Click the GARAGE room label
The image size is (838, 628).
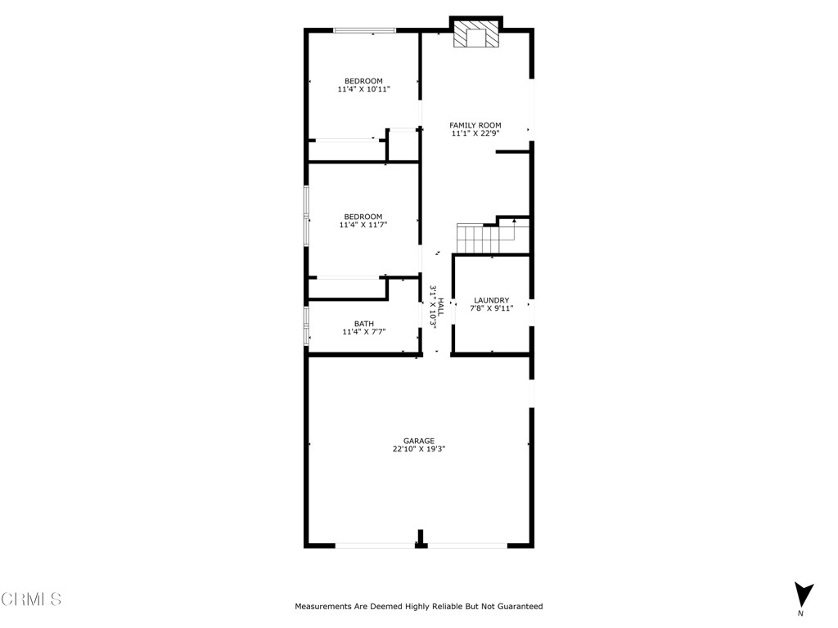[418, 441]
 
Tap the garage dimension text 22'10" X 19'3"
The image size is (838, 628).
[418, 449]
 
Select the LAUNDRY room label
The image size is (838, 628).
[491, 300]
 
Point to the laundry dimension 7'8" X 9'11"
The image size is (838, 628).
[491, 308]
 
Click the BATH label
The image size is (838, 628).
[363, 324]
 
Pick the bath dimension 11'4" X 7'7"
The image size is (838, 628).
[363, 332]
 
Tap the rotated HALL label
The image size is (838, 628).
[440, 307]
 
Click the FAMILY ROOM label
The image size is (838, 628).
[475, 125]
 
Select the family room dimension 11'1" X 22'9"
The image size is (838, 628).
[475, 133]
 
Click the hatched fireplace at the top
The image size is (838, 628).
[476, 34]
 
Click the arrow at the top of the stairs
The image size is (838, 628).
[514, 221]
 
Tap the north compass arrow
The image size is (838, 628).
[804, 594]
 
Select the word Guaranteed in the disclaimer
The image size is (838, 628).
[516, 607]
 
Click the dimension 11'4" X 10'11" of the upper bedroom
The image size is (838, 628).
[363, 89]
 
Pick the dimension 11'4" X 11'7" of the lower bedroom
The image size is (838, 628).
[363, 225]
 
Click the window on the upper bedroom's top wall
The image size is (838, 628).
[364, 30]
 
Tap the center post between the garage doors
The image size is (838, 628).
[421, 540]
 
